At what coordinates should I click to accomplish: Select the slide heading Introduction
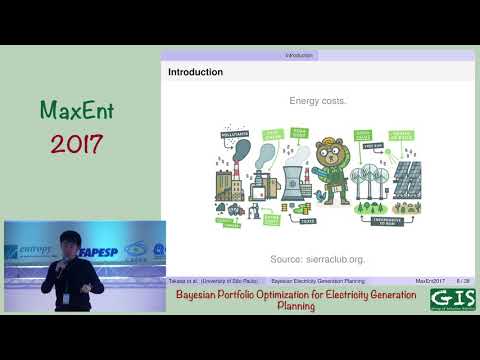point(195,73)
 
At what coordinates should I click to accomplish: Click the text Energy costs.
point(319,101)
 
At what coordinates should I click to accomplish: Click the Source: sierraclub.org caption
point(319,257)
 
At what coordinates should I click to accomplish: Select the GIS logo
point(452,298)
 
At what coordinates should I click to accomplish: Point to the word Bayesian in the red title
point(201,296)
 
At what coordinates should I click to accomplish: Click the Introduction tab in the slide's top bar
point(297,55)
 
